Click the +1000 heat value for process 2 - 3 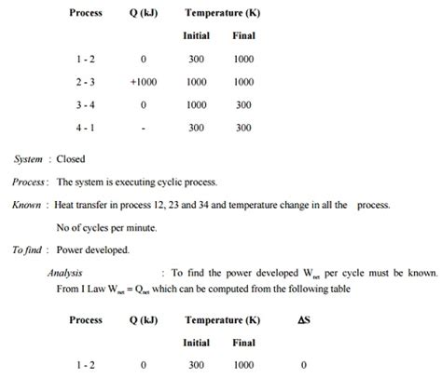[x=144, y=82]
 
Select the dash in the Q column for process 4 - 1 [x=144, y=128]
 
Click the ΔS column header [x=304, y=319]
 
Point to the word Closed [x=71, y=159]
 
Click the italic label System [x=28, y=159]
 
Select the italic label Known [x=26, y=205]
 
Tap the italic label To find [x=29, y=250]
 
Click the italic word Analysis [x=65, y=273]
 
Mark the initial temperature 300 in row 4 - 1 [x=197, y=128]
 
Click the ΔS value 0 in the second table [x=304, y=366]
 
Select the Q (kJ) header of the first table [x=144, y=14]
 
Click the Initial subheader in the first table [x=197, y=36]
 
